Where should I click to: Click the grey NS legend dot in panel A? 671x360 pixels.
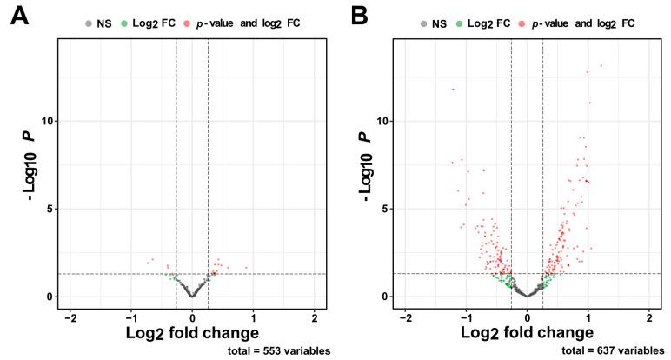click(x=90, y=23)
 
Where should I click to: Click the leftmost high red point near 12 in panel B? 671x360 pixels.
click(x=453, y=89)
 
